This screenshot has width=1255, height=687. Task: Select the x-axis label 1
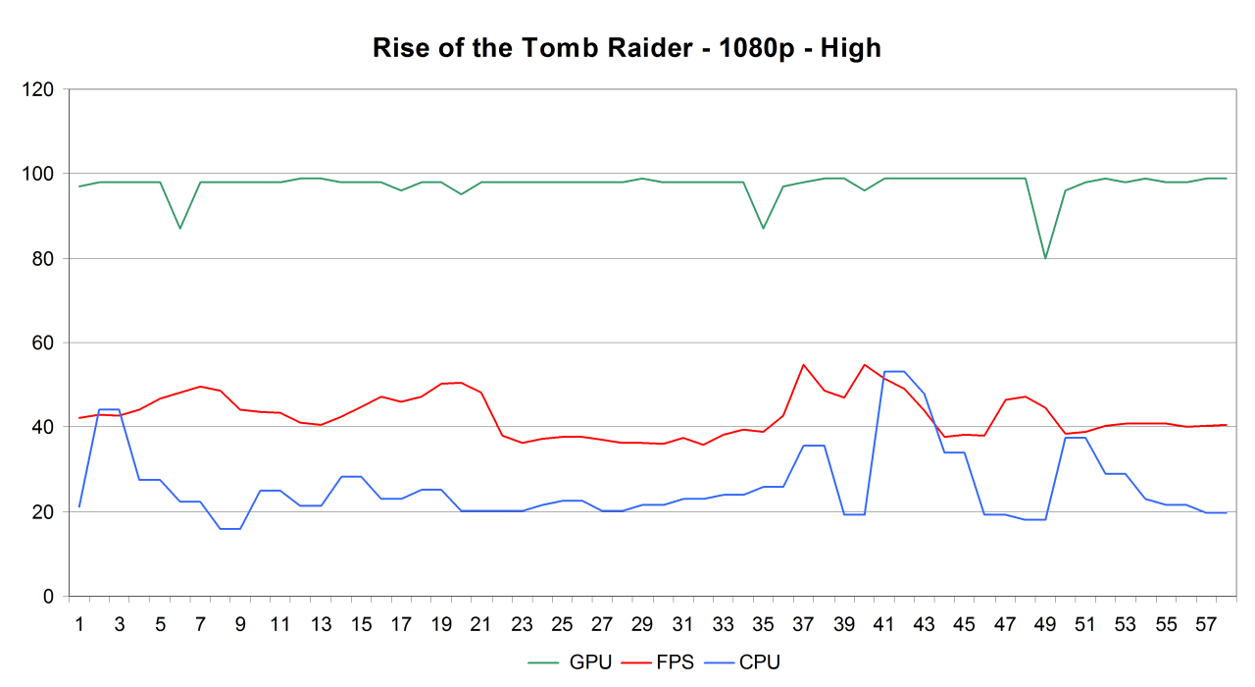point(79,624)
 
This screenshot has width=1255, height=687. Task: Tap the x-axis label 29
point(642,624)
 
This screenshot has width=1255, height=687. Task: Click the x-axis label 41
point(883,624)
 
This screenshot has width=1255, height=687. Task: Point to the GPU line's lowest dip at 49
point(1045,258)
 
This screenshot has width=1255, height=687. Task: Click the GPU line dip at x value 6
point(180,229)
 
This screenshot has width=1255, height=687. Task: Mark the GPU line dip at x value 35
point(763,229)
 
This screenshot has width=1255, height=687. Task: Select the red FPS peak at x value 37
point(803,364)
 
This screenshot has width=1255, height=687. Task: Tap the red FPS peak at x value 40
point(864,364)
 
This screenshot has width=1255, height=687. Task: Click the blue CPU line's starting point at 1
point(79,506)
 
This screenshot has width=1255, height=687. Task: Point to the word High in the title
point(852,48)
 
